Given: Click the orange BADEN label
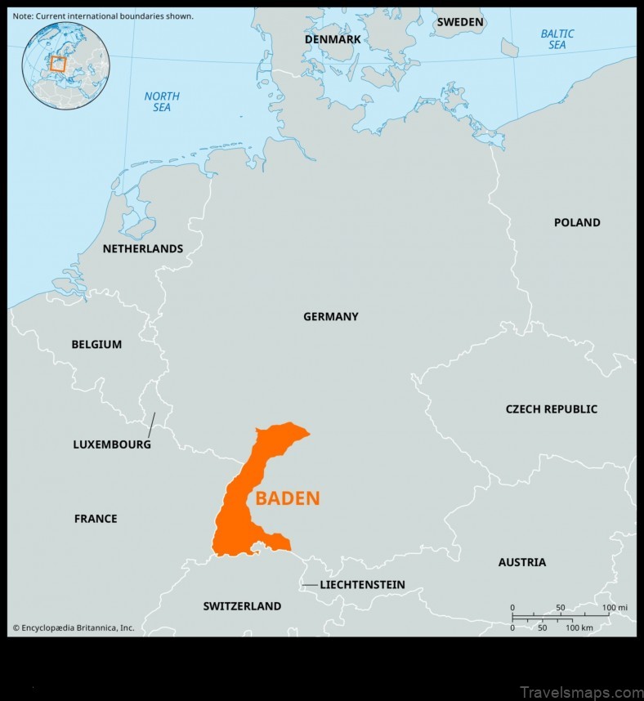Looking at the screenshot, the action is click(287, 498).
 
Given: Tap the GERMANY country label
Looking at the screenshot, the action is click(330, 316).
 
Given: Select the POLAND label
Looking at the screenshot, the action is click(576, 222).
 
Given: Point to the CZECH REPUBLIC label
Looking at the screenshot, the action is click(551, 409).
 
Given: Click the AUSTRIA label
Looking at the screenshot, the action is click(521, 562).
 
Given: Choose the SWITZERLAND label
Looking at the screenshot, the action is click(242, 606).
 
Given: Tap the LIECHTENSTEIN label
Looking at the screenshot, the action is click(362, 585).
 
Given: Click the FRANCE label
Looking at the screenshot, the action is click(96, 519).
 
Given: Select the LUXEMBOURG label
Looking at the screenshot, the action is click(112, 445).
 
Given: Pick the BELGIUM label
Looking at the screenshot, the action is click(96, 345).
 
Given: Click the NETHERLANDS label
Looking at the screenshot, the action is click(142, 248).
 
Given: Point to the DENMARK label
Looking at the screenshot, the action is click(333, 39).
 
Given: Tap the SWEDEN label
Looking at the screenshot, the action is click(459, 22).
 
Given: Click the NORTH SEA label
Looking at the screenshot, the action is click(162, 102).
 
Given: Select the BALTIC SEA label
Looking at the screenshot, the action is click(557, 39).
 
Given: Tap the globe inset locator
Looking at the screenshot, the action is click(65, 65).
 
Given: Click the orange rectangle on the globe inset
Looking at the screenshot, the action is click(57, 63).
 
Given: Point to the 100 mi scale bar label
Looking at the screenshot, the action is click(615, 608).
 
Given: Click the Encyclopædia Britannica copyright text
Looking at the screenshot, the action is click(73, 627).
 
